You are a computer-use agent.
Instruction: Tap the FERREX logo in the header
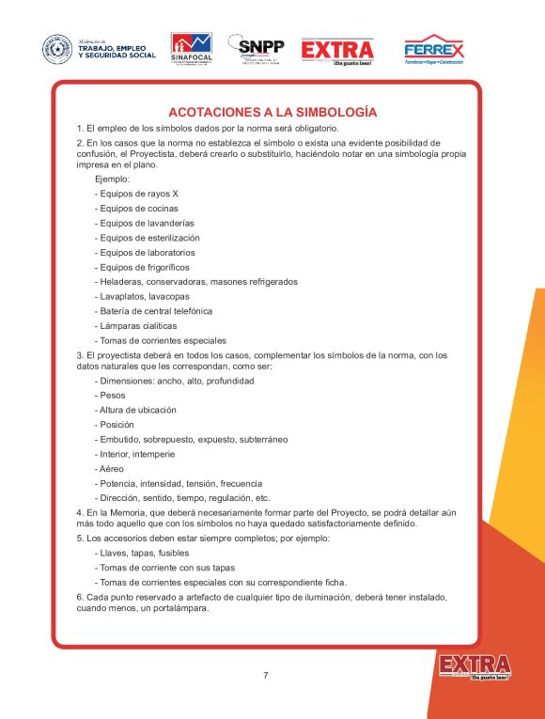433,49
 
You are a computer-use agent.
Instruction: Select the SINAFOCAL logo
191,49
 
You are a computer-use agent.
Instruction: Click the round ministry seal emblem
57,49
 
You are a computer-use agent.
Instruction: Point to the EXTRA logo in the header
337,49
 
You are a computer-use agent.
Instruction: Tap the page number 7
266,675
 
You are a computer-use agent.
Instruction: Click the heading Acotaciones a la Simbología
272,112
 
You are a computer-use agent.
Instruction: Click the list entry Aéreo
109,468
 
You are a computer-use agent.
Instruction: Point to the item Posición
116,425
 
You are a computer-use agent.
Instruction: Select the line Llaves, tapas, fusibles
142,554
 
